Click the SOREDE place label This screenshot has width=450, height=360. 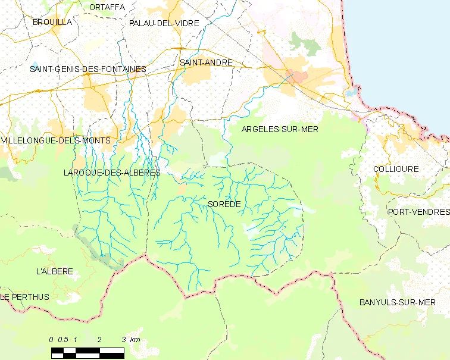(x=224, y=204)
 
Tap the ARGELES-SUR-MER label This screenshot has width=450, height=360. (x=280, y=129)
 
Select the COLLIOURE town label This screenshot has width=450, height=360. (x=396, y=169)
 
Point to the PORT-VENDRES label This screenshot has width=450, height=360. (x=418, y=212)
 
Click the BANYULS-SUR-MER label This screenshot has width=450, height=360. (x=398, y=302)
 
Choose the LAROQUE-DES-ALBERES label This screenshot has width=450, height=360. (x=111, y=173)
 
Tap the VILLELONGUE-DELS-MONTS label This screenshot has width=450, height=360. (x=56, y=140)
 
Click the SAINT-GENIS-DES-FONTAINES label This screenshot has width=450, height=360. (x=88, y=69)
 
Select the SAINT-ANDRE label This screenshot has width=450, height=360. (x=206, y=62)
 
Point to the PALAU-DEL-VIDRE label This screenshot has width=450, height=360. (x=164, y=23)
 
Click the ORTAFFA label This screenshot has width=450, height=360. (x=107, y=7)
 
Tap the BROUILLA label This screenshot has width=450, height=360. (x=52, y=21)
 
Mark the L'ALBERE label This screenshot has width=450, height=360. (x=55, y=271)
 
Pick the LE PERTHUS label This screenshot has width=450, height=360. (x=25, y=296)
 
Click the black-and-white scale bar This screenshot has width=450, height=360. (x=87, y=353)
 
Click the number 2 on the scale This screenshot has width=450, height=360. (x=99, y=339)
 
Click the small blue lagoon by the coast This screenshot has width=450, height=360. (x=351, y=93)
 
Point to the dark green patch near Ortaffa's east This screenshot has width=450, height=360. (x=304, y=42)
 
